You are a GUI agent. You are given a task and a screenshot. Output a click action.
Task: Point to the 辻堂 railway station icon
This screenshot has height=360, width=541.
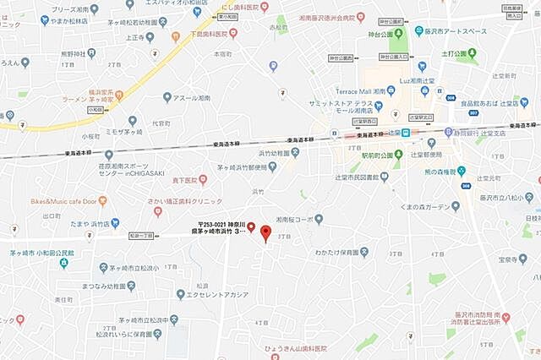click(x=405, y=133)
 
